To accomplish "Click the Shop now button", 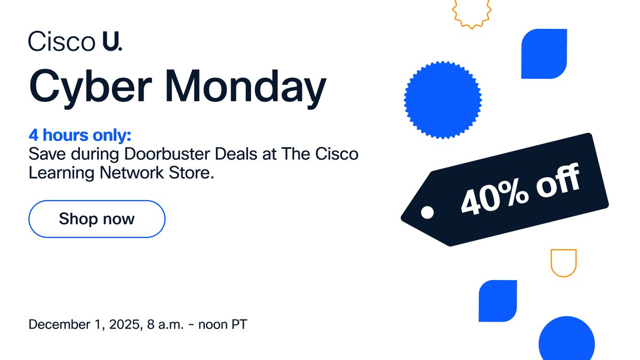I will click(97, 219).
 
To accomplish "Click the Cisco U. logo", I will click(75, 41).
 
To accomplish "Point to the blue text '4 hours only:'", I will click(79, 136).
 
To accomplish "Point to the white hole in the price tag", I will click(427, 213).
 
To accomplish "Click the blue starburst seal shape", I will click(443, 99).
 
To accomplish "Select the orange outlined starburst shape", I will click(471, 12).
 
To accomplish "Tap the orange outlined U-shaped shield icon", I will click(564, 262).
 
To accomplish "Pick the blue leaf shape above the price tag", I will click(544, 54).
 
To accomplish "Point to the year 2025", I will click(122, 324).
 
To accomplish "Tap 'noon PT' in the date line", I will click(222, 324).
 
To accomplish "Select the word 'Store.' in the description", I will click(190, 173).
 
